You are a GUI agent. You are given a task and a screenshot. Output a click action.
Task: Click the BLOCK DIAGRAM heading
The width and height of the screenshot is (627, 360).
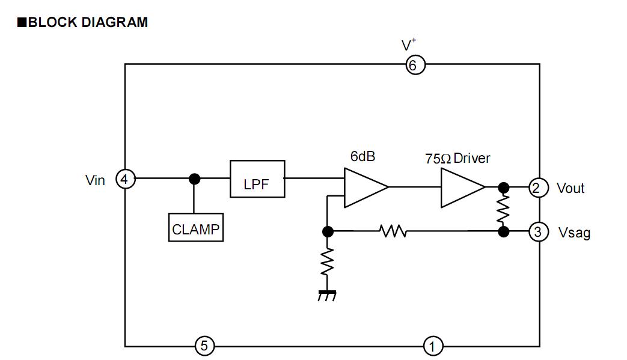pos(82,23)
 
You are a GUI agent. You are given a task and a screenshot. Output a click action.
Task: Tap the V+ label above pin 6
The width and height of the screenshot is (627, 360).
pos(409,45)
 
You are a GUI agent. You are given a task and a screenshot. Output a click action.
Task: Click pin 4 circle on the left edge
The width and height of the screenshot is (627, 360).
pos(125,178)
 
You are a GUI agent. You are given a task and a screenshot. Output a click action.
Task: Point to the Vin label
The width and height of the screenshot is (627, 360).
pos(95,180)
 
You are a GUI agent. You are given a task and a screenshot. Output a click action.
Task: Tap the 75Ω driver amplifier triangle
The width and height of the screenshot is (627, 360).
pos(460,188)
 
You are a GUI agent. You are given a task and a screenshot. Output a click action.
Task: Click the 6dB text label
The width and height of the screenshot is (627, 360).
pos(363,156)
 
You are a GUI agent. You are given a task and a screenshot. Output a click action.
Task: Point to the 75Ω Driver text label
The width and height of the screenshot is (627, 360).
pos(457,159)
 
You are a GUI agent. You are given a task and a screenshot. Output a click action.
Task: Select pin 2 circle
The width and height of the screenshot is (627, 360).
pos(538,188)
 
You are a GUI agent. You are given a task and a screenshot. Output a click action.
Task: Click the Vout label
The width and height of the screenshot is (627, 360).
pos(570,188)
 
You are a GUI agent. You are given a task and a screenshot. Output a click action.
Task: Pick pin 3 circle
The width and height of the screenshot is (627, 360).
pos(538,231)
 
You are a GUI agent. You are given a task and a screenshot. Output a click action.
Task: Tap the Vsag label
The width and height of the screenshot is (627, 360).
pos(574,232)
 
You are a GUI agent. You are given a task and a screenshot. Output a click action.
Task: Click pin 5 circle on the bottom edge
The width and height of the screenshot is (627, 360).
pos(204,346)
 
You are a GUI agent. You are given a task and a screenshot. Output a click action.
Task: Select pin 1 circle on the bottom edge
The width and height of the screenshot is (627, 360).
pos(432,346)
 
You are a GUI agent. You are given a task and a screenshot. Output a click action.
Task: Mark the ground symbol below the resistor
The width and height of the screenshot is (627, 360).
pos(327,295)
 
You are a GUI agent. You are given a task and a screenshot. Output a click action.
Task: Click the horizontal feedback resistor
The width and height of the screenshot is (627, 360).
pos(393,231)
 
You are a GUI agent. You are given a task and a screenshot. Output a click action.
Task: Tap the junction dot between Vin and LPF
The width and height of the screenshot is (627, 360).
pos(194,178)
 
